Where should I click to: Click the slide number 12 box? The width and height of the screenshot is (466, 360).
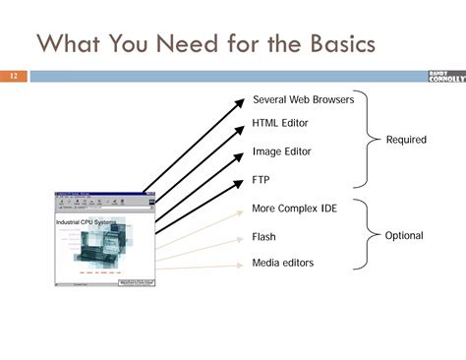pyautogui.click(x=15, y=76)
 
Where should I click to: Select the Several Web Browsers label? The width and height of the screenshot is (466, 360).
pyautogui.click(x=303, y=99)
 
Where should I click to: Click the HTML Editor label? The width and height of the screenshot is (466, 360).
pyautogui.click(x=280, y=125)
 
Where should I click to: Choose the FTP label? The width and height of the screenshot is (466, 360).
pyautogui.click(x=261, y=180)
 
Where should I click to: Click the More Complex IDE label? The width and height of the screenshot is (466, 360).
pyautogui.click(x=293, y=209)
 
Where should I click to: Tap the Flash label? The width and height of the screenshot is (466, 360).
pyautogui.click(x=263, y=237)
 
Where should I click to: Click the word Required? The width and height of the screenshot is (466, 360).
pyautogui.click(x=406, y=140)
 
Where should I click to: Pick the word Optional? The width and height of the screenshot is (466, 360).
pyautogui.click(x=404, y=236)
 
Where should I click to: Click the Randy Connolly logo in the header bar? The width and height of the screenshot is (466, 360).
pyautogui.click(x=446, y=76)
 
